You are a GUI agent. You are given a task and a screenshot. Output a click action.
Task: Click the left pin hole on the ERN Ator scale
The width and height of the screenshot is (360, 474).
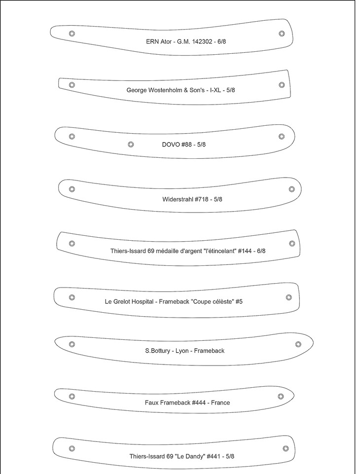(72, 34)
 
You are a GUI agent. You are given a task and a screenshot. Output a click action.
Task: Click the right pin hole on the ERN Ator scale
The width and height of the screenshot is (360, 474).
(282, 34)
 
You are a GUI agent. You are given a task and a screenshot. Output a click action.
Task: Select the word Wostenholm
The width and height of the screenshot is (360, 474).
(170, 90)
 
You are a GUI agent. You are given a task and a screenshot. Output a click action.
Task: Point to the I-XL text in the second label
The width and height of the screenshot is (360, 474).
(216, 90)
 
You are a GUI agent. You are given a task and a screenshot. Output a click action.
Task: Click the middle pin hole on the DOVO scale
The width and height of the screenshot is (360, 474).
(131, 145)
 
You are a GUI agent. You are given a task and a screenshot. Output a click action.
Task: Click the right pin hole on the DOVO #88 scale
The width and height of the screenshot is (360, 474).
(282, 136)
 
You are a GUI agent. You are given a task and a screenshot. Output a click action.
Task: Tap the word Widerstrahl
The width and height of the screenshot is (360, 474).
(178, 199)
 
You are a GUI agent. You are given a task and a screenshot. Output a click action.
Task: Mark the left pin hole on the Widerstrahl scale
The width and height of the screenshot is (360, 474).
(72, 189)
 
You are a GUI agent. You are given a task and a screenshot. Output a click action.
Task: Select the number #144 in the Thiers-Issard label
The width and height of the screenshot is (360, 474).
(245, 251)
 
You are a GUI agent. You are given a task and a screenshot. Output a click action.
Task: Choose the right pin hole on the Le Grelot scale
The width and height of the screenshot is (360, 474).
(289, 297)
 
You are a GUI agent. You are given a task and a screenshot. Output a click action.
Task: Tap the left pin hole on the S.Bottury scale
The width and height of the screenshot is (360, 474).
(72, 344)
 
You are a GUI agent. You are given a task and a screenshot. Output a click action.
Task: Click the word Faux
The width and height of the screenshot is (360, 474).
(152, 402)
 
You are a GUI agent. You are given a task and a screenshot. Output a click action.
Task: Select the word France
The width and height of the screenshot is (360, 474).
(220, 402)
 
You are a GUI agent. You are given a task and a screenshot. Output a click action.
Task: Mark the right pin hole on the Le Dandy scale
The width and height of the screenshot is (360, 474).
(286, 449)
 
